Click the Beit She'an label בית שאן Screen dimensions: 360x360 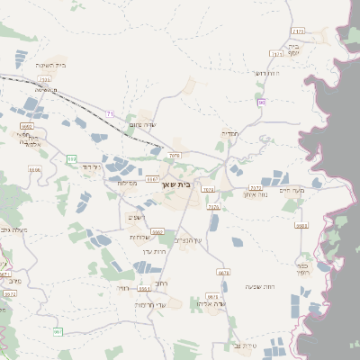[x=180, y=184]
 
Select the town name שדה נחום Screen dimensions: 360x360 [x=143, y=125]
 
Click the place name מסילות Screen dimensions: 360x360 [x=127, y=183]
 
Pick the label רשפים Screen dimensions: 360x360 [x=136, y=217]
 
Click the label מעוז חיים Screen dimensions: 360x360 [x=317, y=190]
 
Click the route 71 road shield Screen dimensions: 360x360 [x=110, y=114]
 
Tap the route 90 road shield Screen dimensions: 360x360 [x=261, y=102]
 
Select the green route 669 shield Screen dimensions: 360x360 [x=71, y=158]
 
